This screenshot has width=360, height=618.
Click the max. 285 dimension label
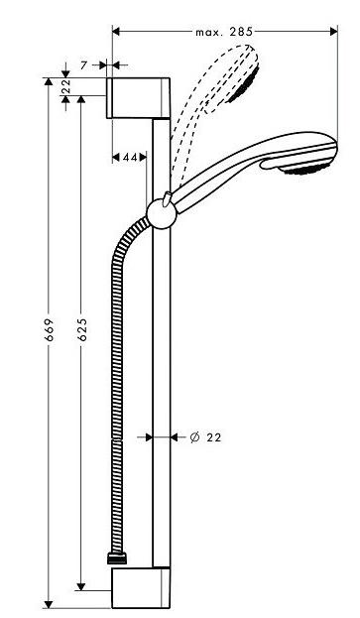click(224, 32)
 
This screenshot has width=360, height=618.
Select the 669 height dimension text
click(49, 329)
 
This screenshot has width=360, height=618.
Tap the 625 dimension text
click(81, 329)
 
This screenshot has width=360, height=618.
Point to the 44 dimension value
click(130, 158)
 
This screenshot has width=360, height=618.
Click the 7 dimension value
click(83, 65)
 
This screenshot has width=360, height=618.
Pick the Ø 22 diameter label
click(205, 437)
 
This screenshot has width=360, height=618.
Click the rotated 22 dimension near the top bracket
click(65, 86)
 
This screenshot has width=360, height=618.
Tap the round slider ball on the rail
click(161, 214)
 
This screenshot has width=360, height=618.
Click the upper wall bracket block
click(138, 98)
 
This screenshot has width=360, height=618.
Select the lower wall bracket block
click(141, 587)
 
